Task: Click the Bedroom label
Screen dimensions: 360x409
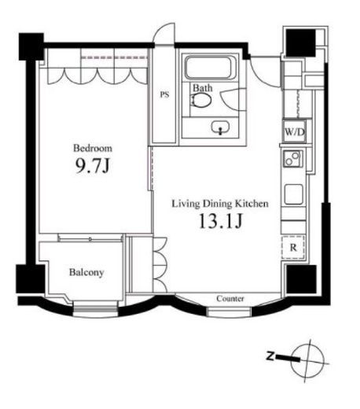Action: tap(93, 148)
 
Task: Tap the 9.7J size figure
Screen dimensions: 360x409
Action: tap(92, 166)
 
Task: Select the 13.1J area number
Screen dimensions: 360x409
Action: tap(221, 221)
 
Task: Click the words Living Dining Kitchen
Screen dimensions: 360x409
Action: tap(220, 204)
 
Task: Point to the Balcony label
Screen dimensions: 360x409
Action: tap(86, 272)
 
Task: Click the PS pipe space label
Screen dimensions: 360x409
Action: tap(164, 94)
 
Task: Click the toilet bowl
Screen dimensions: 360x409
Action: tap(201, 100)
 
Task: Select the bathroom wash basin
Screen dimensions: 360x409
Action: tap(220, 127)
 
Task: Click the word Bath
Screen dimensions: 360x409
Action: tap(202, 88)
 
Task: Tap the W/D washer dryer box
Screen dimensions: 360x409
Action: tap(295, 132)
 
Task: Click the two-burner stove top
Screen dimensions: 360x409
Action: tap(292, 159)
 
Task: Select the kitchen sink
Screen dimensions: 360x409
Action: tap(294, 194)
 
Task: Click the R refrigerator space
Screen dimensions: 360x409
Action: tap(293, 248)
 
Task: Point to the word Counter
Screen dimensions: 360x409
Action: tap(230, 299)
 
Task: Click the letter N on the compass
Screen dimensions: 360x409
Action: tap(270, 356)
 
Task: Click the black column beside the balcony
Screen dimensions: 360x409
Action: tap(31, 278)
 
